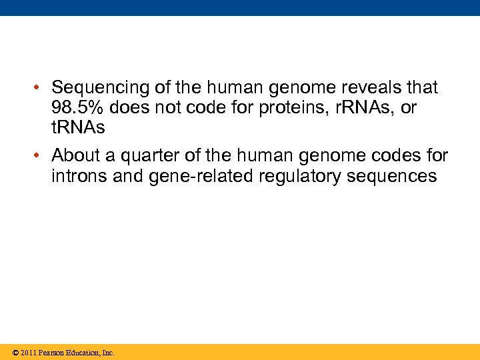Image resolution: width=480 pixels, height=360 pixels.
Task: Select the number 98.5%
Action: pyautogui.click(x=75, y=108)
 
